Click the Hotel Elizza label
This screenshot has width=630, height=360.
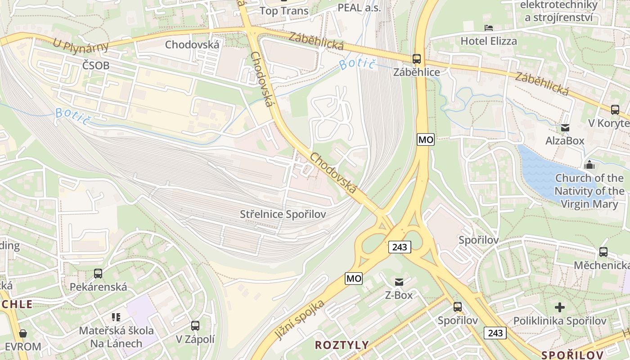pyautogui.click(x=489, y=41)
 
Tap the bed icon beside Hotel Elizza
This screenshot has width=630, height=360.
pyautogui.click(x=489, y=28)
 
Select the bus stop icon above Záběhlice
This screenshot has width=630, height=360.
pyautogui.click(x=417, y=58)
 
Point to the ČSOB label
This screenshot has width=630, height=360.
pyautogui.click(x=96, y=65)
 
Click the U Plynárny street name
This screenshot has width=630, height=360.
pyautogui.click(x=81, y=45)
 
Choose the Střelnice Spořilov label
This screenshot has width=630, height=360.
pyautogui.click(x=283, y=214)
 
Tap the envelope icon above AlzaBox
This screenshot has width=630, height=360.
pyautogui.click(x=565, y=128)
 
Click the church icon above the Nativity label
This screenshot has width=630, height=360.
pyautogui.click(x=589, y=165)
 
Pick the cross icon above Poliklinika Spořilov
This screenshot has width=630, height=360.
pyautogui.click(x=560, y=307)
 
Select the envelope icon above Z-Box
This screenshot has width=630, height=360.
pyautogui.click(x=399, y=282)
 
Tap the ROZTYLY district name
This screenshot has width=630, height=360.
pyautogui.click(x=342, y=345)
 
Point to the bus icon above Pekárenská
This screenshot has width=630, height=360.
pyautogui.click(x=98, y=273)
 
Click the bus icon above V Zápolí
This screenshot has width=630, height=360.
pyautogui.click(x=195, y=325)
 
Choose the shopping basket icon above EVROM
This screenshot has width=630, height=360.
pyautogui.click(x=23, y=333)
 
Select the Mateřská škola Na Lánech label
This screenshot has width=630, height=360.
pyautogui.click(x=116, y=337)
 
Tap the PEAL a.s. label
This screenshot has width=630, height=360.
pyautogui.click(x=359, y=8)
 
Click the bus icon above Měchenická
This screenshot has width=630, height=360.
pyautogui.click(x=603, y=252)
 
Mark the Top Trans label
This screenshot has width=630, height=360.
pyautogui.click(x=284, y=11)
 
